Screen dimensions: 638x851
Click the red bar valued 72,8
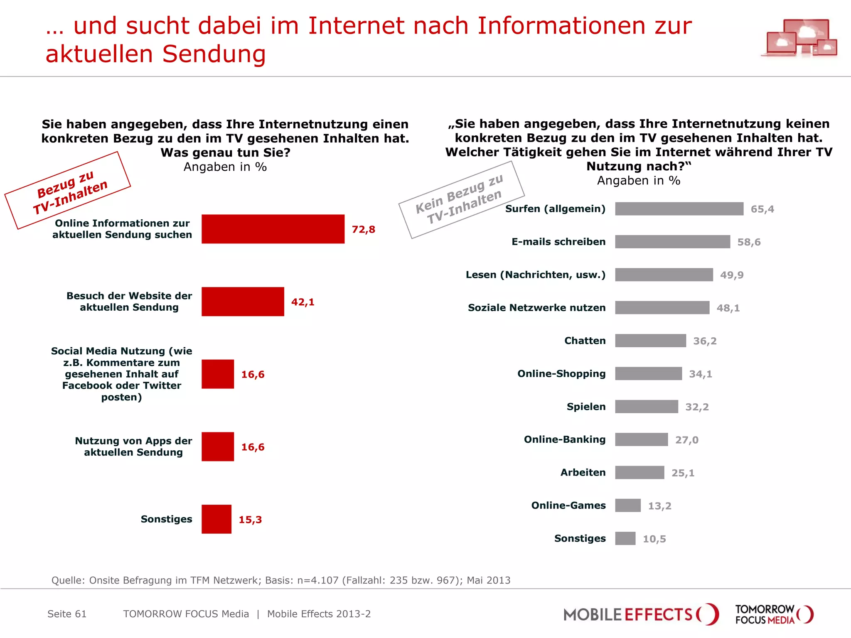[273, 229]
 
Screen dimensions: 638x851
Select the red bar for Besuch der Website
[243, 302]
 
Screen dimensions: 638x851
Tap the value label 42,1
[303, 302]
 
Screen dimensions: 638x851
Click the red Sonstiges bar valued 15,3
[216, 519]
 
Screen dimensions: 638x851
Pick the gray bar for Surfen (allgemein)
[679, 209]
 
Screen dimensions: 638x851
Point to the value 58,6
[749, 242]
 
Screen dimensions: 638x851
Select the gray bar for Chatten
[650, 341]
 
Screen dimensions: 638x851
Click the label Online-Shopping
[561, 373]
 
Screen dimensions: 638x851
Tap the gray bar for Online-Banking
[641, 439]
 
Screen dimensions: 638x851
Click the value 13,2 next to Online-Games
[659, 506]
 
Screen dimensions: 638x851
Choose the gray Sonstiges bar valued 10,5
[625, 538]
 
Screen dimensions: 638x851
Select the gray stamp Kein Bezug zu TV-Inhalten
[461, 200]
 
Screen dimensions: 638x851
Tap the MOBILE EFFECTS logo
[640, 614]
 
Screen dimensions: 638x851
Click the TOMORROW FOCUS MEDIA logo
[774, 614]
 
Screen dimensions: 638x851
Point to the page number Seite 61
[67, 614]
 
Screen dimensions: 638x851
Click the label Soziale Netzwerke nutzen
[536, 308]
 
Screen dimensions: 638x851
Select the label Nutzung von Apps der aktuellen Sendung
[133, 447]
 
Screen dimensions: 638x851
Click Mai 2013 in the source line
[488, 580]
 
